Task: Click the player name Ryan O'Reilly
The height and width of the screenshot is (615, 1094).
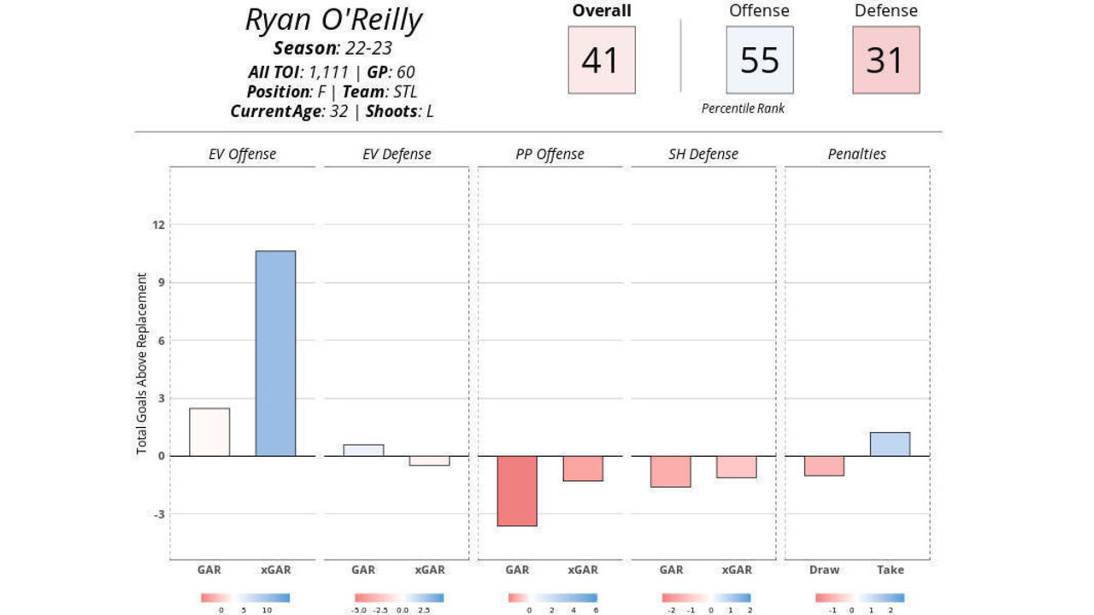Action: pyautogui.click(x=333, y=20)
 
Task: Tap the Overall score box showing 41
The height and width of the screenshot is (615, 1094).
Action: pyautogui.click(x=602, y=60)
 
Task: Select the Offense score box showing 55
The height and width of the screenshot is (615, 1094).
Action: pyautogui.click(x=759, y=60)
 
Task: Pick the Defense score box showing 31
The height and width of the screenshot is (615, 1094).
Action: pyautogui.click(x=885, y=60)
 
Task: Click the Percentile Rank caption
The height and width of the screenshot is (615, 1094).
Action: pyautogui.click(x=743, y=108)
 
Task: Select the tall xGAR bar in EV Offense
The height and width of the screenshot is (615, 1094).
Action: pyautogui.click(x=275, y=353)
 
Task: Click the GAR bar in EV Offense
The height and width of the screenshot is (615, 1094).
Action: pyautogui.click(x=209, y=432)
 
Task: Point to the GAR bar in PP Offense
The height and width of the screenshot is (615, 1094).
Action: pyautogui.click(x=517, y=490)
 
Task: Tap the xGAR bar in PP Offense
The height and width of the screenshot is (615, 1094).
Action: pyautogui.click(x=583, y=468)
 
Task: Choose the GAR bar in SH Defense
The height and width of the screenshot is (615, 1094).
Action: pyautogui.click(x=671, y=471)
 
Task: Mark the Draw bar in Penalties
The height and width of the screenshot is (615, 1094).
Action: pyautogui.click(x=824, y=466)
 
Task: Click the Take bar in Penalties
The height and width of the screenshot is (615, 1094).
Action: pyautogui.click(x=890, y=444)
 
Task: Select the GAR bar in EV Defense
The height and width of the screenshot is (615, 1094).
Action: pyautogui.click(x=363, y=450)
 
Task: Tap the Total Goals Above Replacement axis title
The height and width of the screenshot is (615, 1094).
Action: pyautogui.click(x=142, y=364)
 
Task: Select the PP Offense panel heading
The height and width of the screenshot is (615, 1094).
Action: pyautogui.click(x=550, y=155)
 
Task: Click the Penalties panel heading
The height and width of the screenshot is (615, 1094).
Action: pyautogui.click(x=856, y=155)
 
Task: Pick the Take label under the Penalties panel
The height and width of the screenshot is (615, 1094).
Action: pyautogui.click(x=890, y=570)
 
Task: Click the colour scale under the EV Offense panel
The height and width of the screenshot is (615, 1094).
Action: pyautogui.click(x=245, y=598)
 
